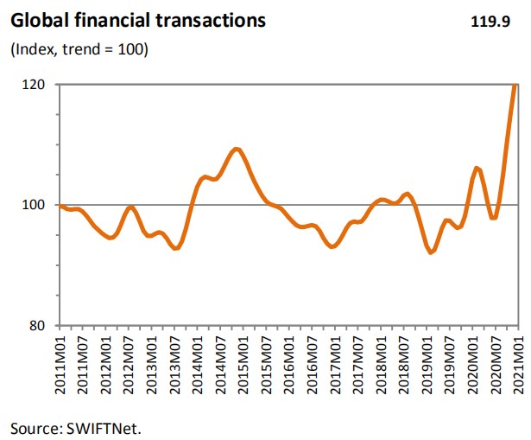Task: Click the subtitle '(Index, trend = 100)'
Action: pyautogui.click(x=79, y=49)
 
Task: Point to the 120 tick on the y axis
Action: pyautogui.click(x=36, y=85)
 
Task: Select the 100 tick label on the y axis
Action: pyautogui.click(x=36, y=205)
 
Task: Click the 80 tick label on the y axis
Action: pyautogui.click(x=40, y=326)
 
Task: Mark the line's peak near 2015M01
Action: pyautogui.click(x=237, y=150)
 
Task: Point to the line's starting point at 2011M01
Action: pyautogui.click(x=59, y=206)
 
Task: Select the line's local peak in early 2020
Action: pyautogui.click(x=477, y=168)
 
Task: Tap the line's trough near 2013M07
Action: pyautogui.click(x=176, y=248)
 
